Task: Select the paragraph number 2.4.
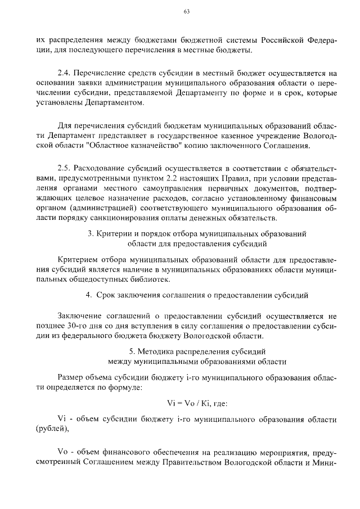click(65, 73)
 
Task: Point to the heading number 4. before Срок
click(88, 295)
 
